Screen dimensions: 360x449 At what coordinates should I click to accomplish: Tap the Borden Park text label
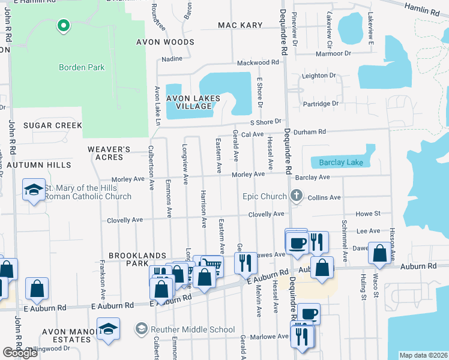point(82,67)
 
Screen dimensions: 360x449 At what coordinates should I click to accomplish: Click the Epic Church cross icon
point(295,196)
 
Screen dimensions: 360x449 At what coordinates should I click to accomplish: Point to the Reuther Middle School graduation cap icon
point(141,329)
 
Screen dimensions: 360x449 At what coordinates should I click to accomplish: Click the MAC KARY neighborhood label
point(240,25)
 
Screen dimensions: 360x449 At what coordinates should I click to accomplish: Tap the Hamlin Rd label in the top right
point(422,11)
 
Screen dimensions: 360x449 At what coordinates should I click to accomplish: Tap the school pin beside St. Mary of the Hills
point(34,190)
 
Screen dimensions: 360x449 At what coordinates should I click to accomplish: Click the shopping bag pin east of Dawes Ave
point(380,253)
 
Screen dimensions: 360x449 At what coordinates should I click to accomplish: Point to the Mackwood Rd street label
point(258,62)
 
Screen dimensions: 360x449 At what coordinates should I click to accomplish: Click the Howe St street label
point(369,214)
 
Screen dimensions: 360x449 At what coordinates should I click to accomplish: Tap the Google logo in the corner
point(20,353)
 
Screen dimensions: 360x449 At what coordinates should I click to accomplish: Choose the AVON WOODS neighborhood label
point(165,42)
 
